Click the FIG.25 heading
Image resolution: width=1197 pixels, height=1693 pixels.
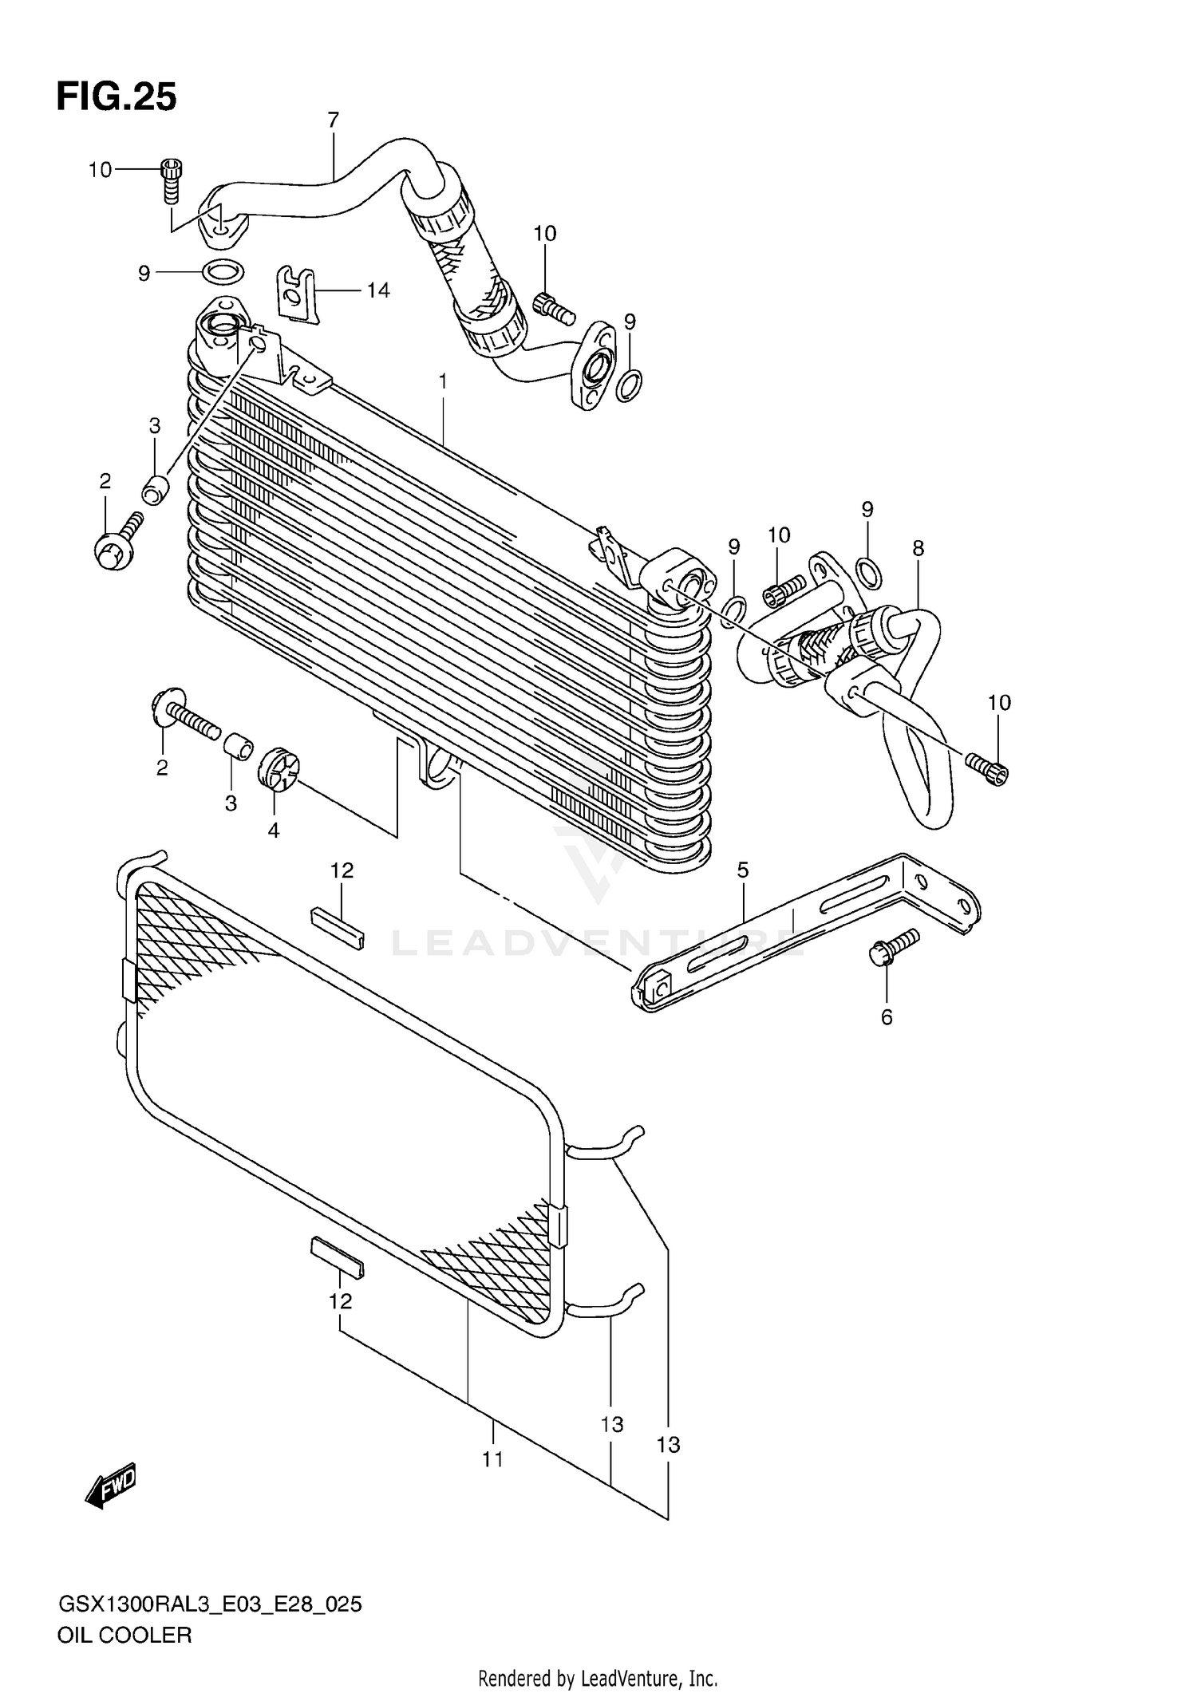click(117, 97)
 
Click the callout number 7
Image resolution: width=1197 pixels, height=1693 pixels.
click(333, 120)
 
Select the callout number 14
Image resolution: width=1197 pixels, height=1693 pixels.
click(378, 290)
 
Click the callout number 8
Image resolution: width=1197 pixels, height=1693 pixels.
click(918, 548)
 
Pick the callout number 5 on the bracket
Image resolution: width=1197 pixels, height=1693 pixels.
click(743, 870)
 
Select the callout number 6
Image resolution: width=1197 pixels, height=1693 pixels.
click(887, 1017)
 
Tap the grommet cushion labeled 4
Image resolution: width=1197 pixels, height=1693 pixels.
click(277, 771)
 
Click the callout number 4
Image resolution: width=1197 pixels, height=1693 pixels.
click(273, 831)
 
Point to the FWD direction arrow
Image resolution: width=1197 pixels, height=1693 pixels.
click(111, 1485)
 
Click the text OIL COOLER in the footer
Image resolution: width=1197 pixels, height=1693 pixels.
click(124, 1635)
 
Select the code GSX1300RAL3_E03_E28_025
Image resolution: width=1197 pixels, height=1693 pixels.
click(210, 1604)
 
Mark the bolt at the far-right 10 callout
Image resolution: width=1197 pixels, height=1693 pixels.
click(988, 768)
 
